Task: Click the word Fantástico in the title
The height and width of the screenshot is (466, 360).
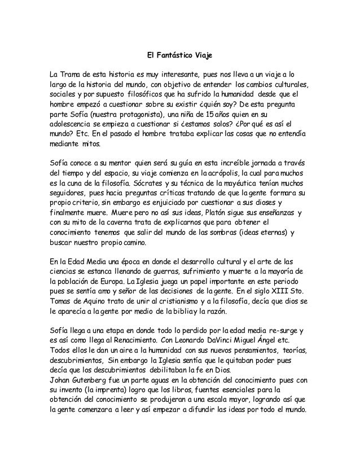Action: [x=174, y=55]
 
